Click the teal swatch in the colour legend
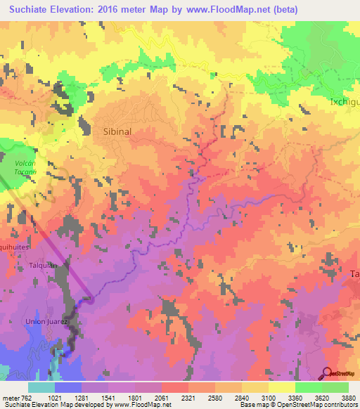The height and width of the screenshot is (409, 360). click(41, 387)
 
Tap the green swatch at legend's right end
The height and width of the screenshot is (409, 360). click(335, 387)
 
